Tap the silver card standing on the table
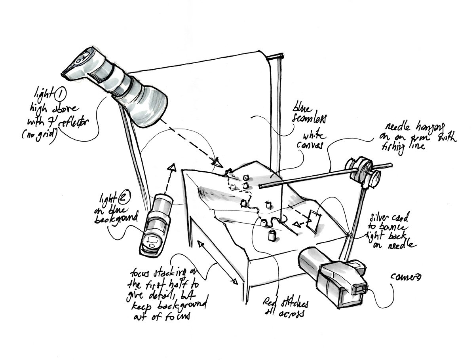tap(314, 221)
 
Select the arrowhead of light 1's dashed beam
tap(217, 162)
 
